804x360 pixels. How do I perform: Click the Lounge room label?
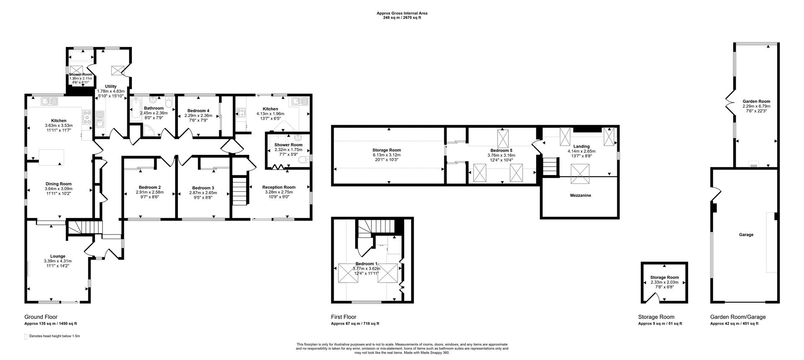coord(58,256)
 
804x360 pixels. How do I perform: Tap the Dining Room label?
coord(59,184)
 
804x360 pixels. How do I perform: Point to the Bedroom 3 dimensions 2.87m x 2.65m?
coord(203,193)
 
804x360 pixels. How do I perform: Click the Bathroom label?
coord(154,108)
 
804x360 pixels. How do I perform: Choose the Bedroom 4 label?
coord(198,111)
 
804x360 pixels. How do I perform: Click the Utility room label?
coord(111,86)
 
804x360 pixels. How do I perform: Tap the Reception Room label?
coord(279,187)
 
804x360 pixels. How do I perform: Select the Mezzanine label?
coord(580,195)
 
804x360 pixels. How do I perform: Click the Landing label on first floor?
coord(581,147)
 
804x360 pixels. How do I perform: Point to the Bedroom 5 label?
coord(501,150)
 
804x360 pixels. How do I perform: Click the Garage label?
coord(746,235)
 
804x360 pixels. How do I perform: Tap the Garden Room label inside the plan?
coord(756,101)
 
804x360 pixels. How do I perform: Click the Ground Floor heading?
coord(41,317)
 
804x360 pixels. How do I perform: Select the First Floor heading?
coord(343,317)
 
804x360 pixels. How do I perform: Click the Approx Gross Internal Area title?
coord(402,13)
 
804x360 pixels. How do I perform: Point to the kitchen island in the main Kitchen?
coord(52,156)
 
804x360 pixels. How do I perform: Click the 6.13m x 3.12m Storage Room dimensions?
coord(387,155)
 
